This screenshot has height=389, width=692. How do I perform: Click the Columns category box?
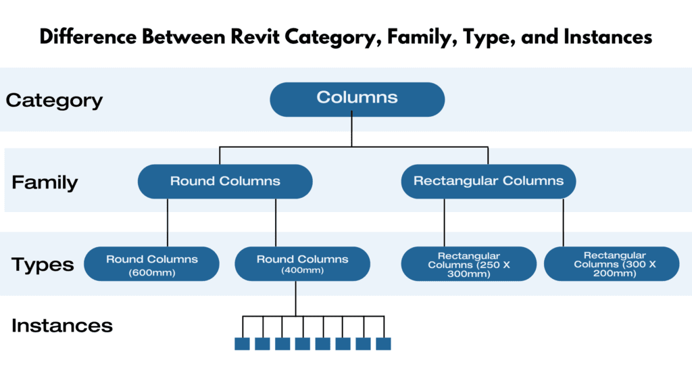click(357, 99)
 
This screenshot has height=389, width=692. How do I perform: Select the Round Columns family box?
click(225, 181)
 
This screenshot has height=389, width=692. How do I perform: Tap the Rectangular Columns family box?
click(488, 181)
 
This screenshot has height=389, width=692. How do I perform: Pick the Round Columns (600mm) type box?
click(151, 263)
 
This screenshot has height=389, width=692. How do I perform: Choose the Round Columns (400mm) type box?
click(302, 263)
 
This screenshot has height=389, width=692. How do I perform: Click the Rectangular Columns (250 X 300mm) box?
click(468, 263)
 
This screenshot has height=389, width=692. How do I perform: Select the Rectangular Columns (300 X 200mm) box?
click(611, 263)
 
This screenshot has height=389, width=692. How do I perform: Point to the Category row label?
click(54, 101)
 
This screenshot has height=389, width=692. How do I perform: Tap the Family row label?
click(45, 182)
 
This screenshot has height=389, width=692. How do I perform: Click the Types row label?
click(43, 264)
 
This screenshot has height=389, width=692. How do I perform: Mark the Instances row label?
click(61, 326)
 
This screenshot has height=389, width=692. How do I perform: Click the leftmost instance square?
click(242, 344)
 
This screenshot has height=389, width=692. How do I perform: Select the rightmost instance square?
click(383, 344)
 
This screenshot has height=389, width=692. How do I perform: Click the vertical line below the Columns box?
click(351, 130)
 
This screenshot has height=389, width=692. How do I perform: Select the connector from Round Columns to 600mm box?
click(168, 222)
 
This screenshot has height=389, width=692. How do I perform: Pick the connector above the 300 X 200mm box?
click(563, 222)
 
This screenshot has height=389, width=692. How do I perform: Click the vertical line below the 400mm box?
click(296, 298)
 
